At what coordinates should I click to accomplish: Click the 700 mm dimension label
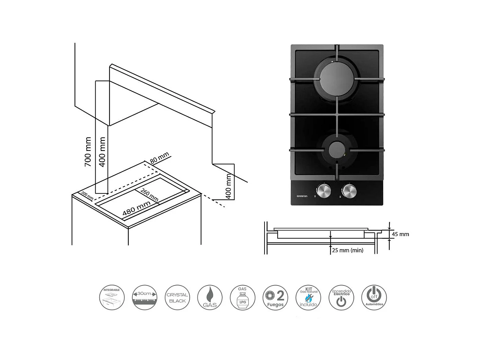tap(88, 151)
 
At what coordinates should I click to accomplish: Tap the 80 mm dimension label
tap(159, 157)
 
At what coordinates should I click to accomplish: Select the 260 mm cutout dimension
tap(149, 195)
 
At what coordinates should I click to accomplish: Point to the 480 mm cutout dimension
tap(136, 209)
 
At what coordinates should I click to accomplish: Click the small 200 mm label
tap(87, 196)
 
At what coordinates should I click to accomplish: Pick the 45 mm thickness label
tap(400, 234)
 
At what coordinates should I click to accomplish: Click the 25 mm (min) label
tap(347, 250)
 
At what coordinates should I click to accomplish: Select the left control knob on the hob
tap(324, 191)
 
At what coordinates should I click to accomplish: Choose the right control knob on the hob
tap(349, 191)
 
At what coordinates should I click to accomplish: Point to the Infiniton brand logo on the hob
tap(302, 196)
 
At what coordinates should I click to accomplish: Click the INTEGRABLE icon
tap(112, 298)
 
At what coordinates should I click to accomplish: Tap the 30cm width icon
tap(144, 298)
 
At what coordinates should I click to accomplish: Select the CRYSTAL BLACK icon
tap(177, 298)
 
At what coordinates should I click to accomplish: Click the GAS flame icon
tap(210, 298)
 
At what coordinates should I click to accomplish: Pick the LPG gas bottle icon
tap(242, 298)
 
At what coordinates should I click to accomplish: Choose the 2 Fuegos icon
tap(275, 298)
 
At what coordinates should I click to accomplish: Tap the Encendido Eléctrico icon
tap(341, 298)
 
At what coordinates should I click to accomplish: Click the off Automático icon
tap(374, 298)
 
